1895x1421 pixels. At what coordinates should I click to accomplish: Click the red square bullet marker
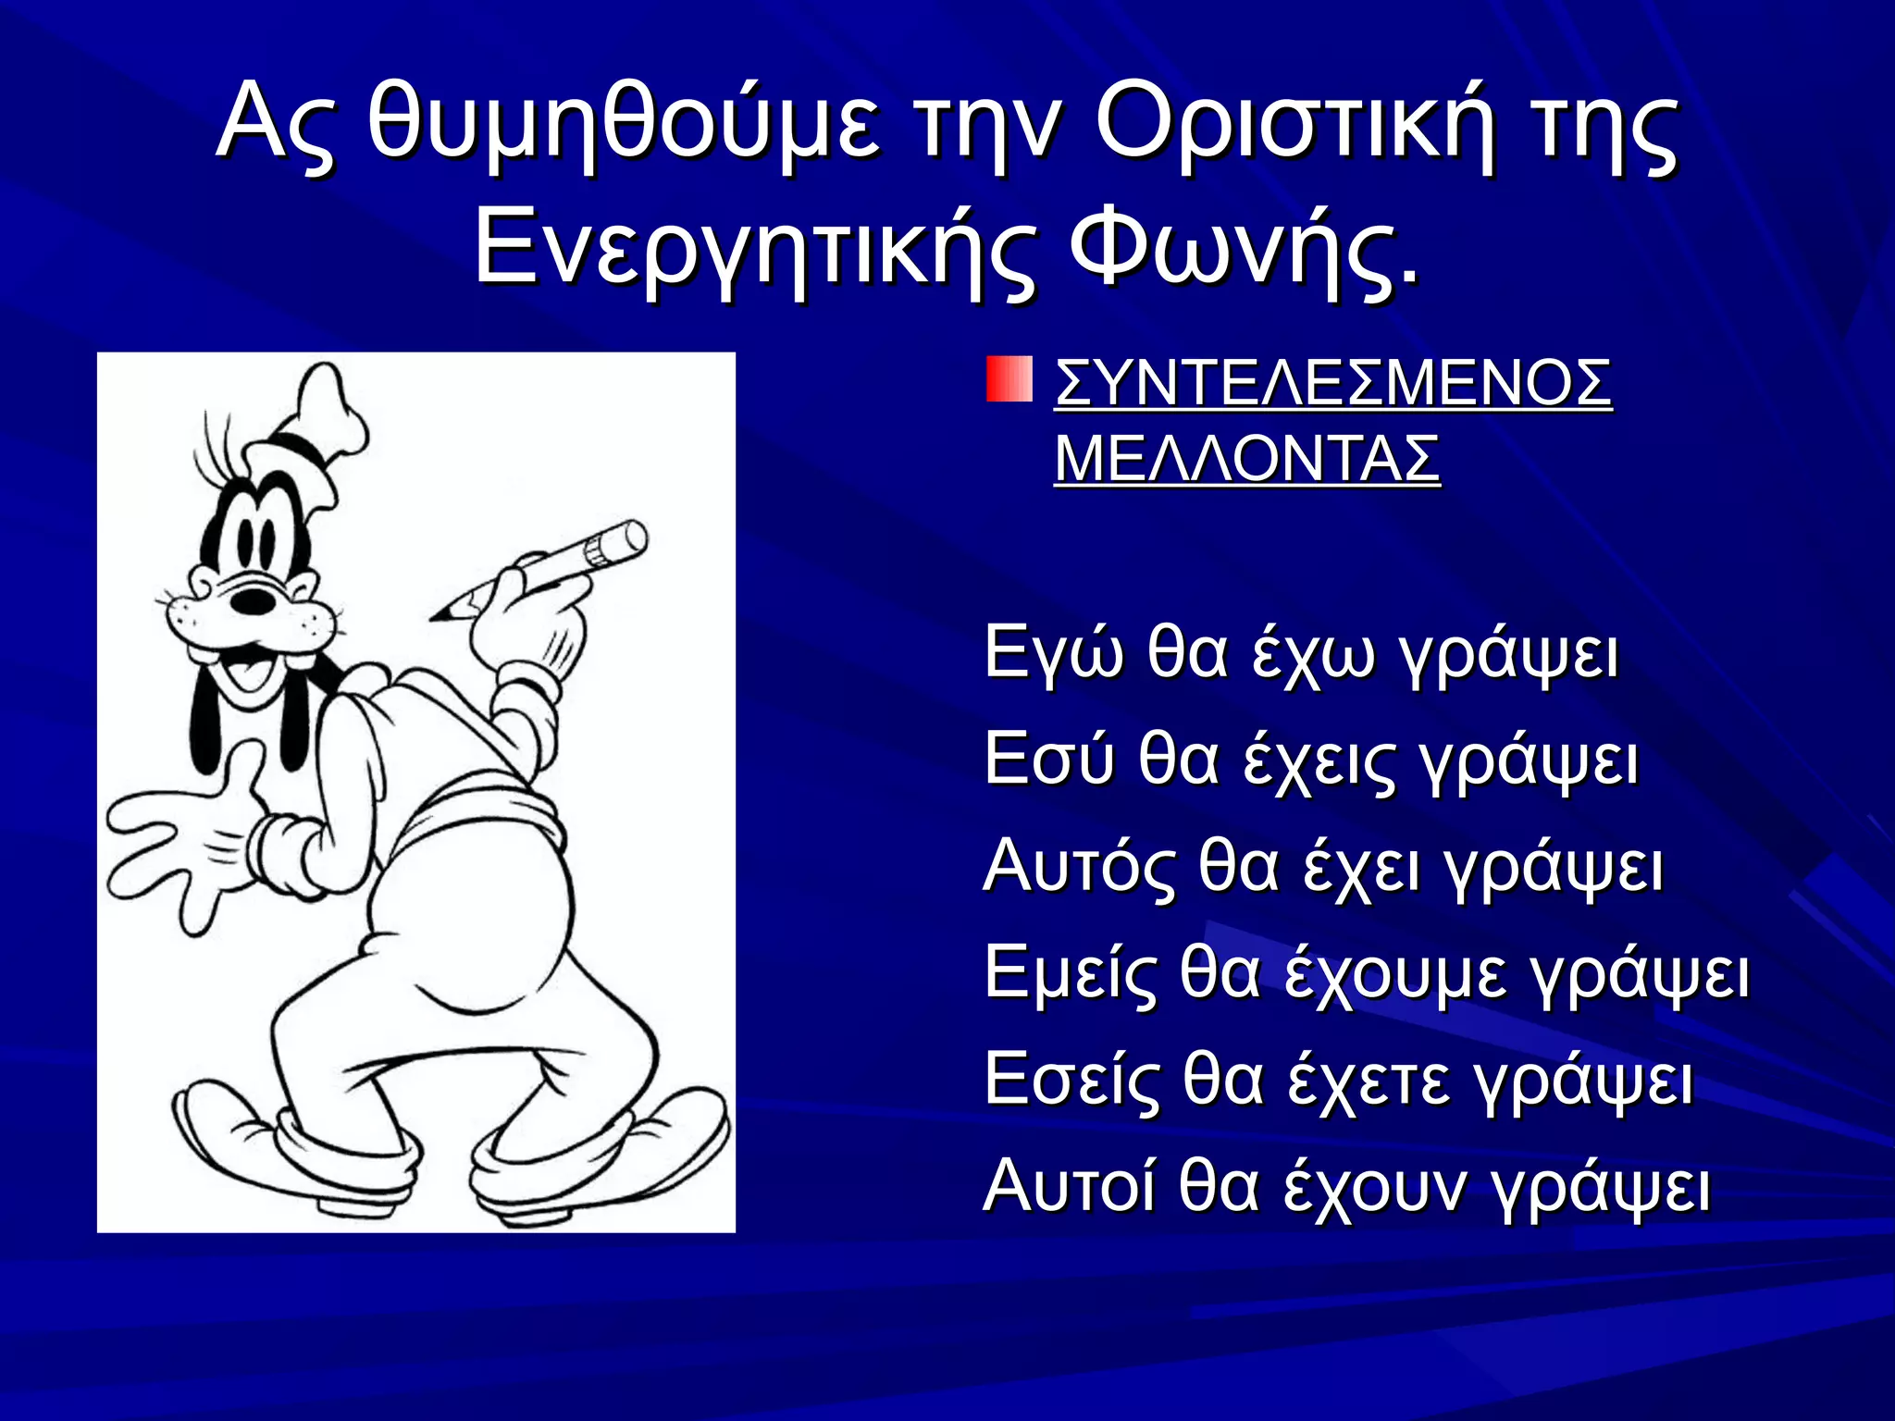[1008, 379]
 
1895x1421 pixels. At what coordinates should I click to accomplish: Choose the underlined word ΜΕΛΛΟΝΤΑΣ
[1247, 458]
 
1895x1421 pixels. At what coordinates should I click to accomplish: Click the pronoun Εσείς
[1071, 1081]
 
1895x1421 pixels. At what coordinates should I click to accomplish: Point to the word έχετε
[1369, 1081]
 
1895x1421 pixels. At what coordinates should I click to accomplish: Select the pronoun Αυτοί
[1069, 1187]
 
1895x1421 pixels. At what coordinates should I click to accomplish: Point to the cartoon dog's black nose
[253, 599]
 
